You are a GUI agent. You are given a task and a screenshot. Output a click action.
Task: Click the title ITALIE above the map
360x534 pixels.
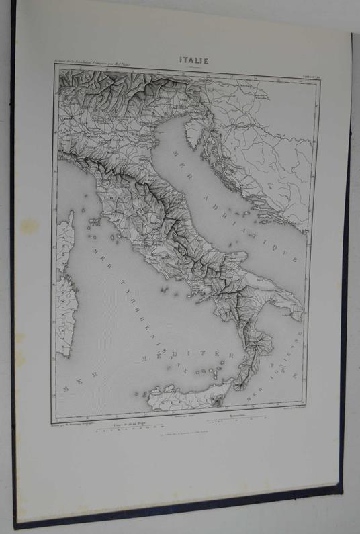(193, 60)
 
